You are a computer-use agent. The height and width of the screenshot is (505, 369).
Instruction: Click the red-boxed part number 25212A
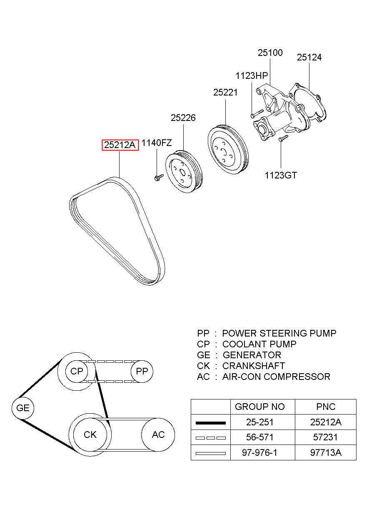click(x=120, y=145)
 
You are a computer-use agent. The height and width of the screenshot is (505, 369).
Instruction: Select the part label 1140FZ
click(x=157, y=143)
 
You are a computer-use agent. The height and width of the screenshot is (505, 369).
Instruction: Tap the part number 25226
click(x=183, y=118)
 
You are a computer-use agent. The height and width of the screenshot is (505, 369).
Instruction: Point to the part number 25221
click(x=225, y=93)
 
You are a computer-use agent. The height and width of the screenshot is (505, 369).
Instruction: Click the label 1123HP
click(x=252, y=76)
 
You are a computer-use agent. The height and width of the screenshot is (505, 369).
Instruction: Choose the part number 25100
click(x=270, y=53)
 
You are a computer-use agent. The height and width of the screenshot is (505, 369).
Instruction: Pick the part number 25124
click(x=309, y=58)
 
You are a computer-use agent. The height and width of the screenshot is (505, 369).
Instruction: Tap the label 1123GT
click(x=281, y=175)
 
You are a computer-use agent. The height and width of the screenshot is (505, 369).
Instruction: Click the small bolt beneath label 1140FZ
click(x=159, y=177)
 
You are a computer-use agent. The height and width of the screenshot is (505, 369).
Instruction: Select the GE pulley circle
click(x=23, y=408)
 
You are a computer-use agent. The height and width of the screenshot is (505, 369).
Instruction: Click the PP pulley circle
click(x=142, y=371)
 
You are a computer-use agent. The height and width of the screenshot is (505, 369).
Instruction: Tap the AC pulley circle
click(x=158, y=435)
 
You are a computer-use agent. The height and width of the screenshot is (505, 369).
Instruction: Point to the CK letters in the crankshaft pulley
click(x=90, y=435)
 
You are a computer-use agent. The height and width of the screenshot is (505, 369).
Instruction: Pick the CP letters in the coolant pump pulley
click(x=77, y=371)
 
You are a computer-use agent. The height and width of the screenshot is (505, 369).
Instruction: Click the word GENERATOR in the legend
click(x=252, y=355)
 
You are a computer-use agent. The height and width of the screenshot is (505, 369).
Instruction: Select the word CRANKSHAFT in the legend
click(x=254, y=366)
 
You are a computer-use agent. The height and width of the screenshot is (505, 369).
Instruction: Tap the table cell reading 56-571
click(x=259, y=437)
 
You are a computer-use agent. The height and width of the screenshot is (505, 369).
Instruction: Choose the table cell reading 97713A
click(x=326, y=452)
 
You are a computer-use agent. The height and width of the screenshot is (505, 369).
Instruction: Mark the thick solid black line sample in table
click(x=210, y=423)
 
